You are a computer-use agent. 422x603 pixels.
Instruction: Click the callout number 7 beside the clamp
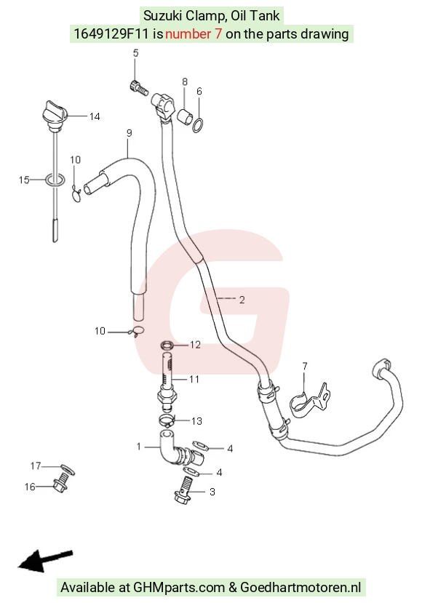point(305,366)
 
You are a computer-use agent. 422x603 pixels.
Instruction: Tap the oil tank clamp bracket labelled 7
point(308,402)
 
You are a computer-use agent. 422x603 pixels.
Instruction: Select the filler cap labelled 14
point(55,113)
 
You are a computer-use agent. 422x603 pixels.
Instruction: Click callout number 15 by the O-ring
point(24,180)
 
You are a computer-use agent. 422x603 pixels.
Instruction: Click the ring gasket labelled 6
point(198,125)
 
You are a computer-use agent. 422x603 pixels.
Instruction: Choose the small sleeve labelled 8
point(185,116)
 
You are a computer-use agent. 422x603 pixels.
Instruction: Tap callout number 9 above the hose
point(129,133)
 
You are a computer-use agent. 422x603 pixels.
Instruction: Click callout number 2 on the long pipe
point(242,300)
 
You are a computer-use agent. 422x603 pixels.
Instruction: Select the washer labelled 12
point(167,345)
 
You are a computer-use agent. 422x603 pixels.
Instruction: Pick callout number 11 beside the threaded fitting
point(194,379)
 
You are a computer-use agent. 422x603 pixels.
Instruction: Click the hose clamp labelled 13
point(167,420)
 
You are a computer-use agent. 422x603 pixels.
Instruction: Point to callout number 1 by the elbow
point(138,447)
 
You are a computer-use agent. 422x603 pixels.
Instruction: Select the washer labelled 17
point(68,470)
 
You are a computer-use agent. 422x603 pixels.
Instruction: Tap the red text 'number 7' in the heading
point(194,34)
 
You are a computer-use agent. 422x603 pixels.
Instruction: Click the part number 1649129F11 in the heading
point(111,34)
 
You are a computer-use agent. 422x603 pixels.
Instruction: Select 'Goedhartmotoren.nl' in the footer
point(300,588)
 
